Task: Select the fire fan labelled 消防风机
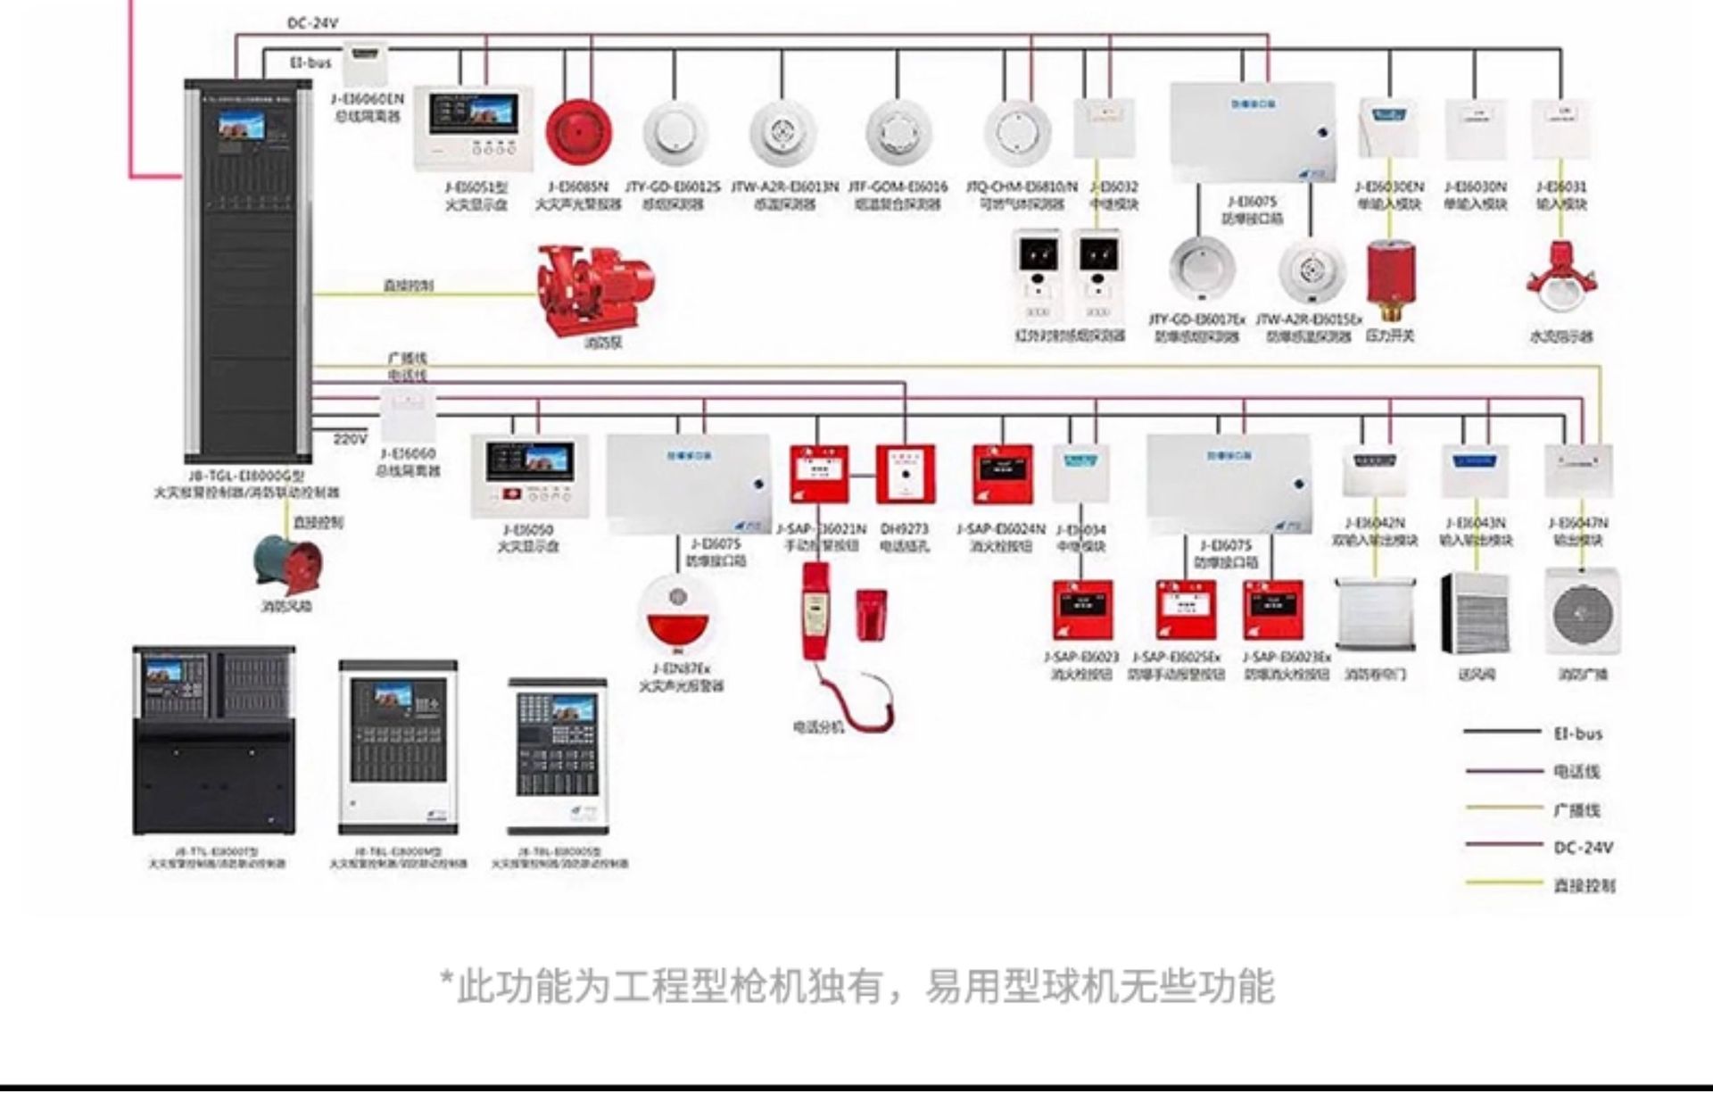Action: coord(288,563)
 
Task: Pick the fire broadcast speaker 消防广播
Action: coord(1583,613)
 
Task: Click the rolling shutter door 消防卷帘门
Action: coord(1375,613)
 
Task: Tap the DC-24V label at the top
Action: coord(312,23)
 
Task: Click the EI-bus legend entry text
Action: coord(1577,733)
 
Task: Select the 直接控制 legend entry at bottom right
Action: coord(1584,885)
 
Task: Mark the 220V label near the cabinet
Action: coord(350,438)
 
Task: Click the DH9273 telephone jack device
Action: coord(906,474)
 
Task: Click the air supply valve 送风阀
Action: coord(1476,613)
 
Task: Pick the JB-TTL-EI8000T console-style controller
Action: coord(214,741)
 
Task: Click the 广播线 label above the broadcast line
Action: coord(408,358)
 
